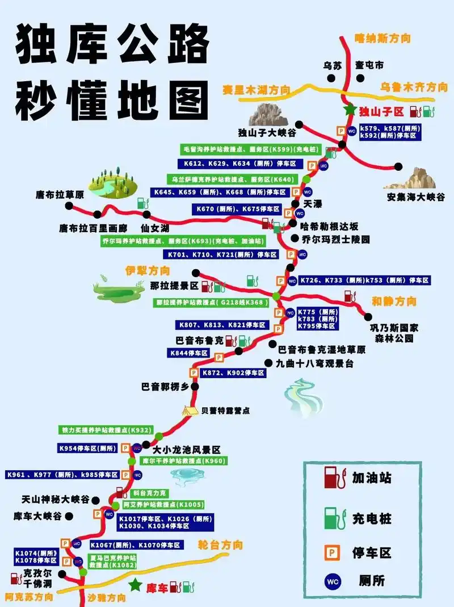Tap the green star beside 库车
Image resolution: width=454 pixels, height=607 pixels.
[x=135, y=585]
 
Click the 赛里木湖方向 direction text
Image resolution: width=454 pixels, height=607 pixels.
[x=256, y=90]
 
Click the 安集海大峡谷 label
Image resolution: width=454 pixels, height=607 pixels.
[x=416, y=197]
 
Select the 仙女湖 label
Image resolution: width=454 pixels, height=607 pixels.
[x=155, y=228]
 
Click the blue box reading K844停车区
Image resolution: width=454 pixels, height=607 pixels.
[x=190, y=353]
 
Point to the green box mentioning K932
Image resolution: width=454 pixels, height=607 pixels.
[x=103, y=430]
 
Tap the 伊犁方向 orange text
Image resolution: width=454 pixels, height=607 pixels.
[x=148, y=270]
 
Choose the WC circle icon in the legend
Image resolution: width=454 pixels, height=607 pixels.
[x=332, y=580]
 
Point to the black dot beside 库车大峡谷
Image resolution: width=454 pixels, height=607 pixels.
[x=69, y=516]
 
